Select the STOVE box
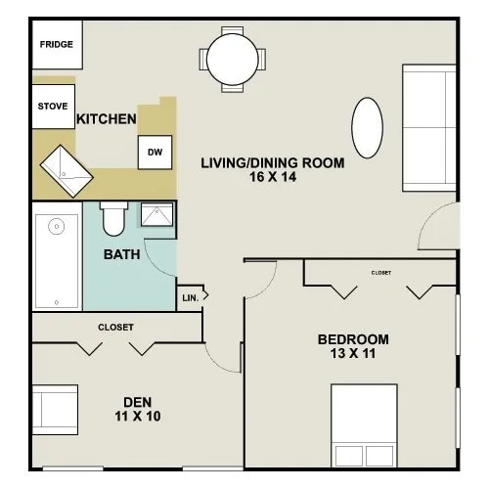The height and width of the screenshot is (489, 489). [x=54, y=107]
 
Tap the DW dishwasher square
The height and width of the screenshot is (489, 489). [x=155, y=152]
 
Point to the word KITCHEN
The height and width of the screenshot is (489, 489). [x=106, y=119]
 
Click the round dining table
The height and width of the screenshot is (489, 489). [x=236, y=58]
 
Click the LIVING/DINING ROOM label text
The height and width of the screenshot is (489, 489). [x=272, y=163]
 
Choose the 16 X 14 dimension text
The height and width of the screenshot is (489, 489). [x=272, y=178]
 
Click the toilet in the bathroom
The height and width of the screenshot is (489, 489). [x=114, y=219]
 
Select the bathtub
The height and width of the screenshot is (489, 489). [x=57, y=260]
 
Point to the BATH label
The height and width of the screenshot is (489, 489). [x=121, y=254]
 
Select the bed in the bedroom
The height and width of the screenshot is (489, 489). [x=363, y=425]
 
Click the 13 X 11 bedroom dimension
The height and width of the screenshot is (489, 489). [x=353, y=355]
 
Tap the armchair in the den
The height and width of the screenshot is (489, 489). [x=55, y=410]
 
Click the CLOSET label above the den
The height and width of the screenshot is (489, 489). [x=115, y=327]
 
